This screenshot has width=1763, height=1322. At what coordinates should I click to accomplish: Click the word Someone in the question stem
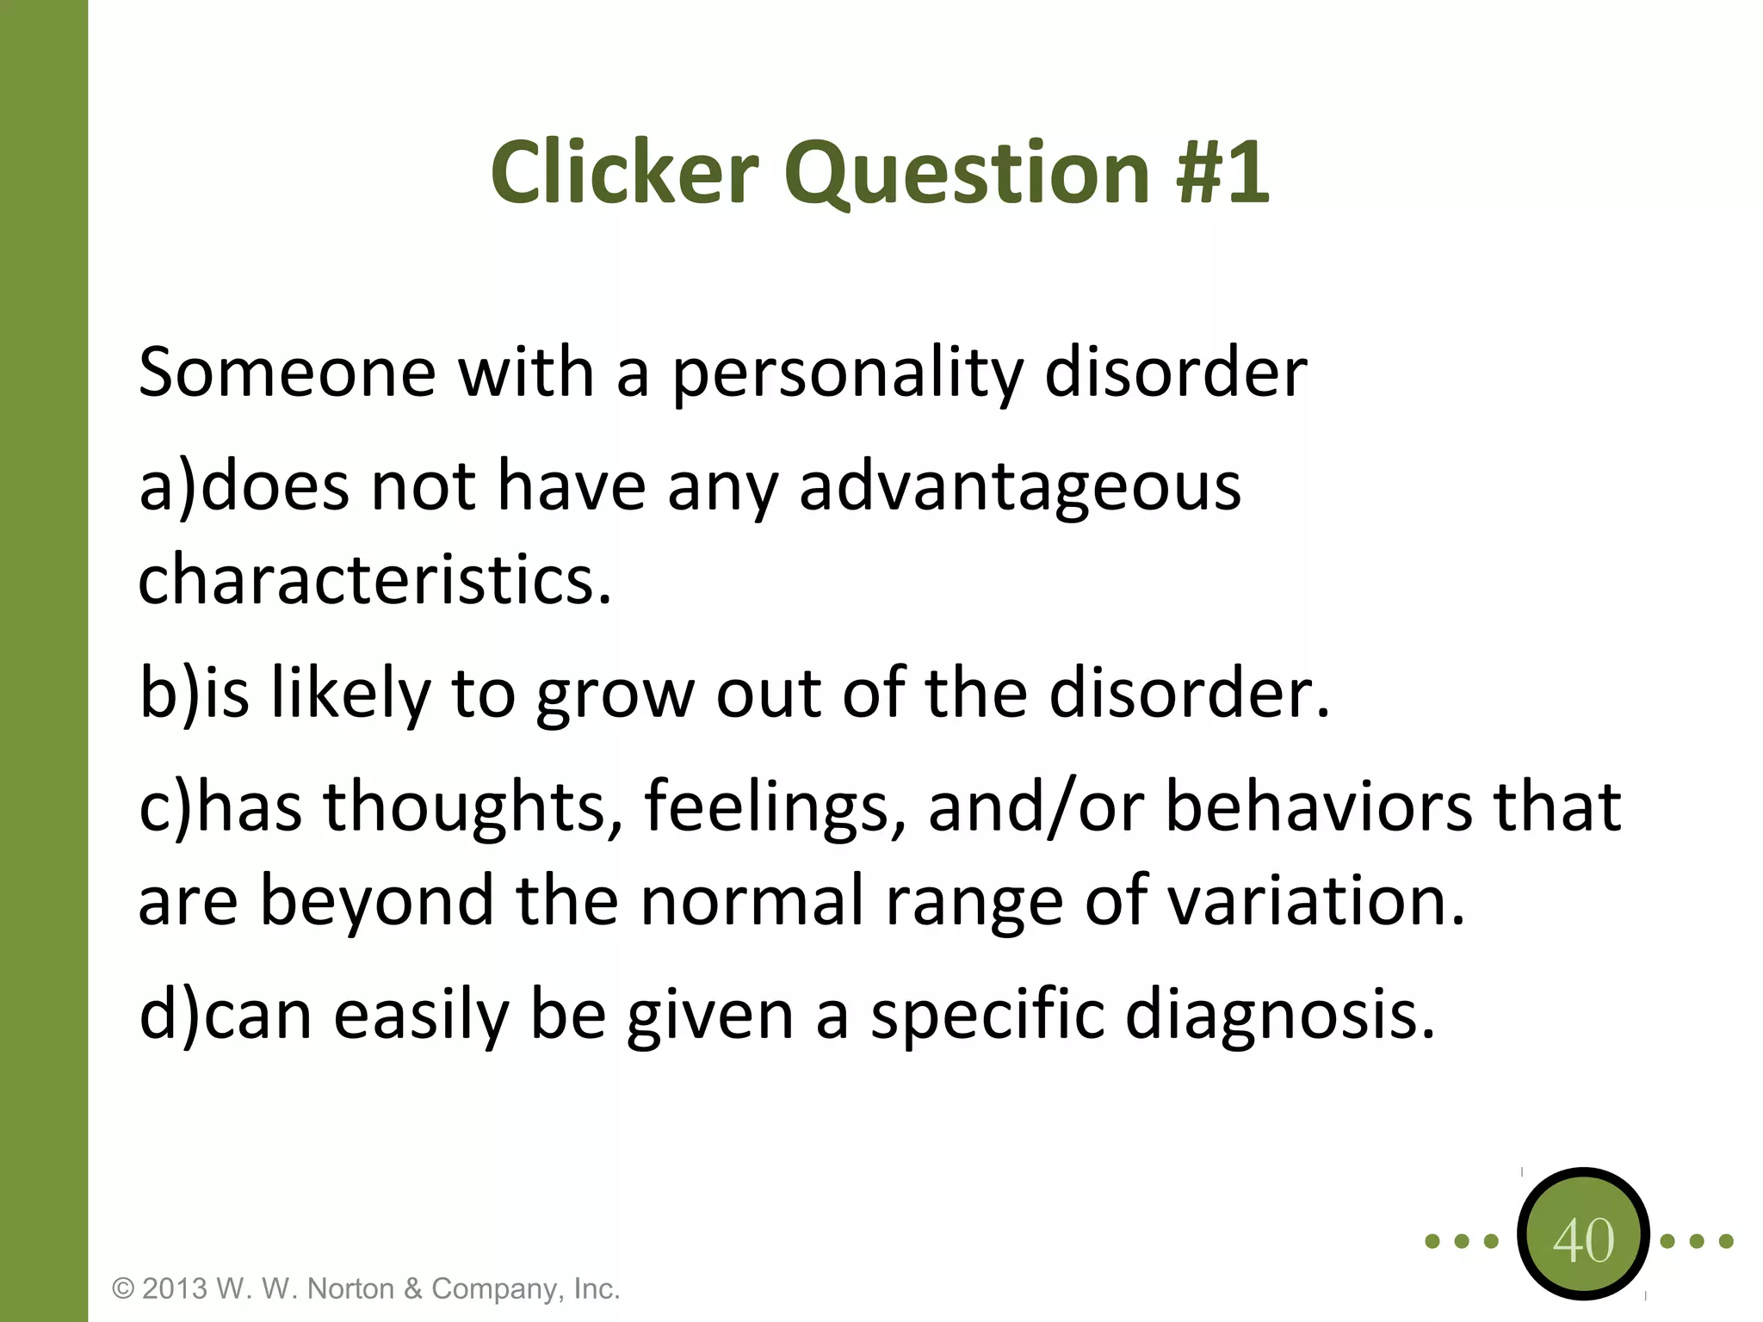(x=287, y=373)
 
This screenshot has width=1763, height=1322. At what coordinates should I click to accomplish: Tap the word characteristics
(x=374, y=579)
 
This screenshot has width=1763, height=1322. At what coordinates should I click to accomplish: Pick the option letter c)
(x=166, y=807)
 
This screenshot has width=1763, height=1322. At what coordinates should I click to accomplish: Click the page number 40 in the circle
(x=1583, y=1240)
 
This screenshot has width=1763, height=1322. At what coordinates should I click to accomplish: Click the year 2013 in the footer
(x=175, y=1288)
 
